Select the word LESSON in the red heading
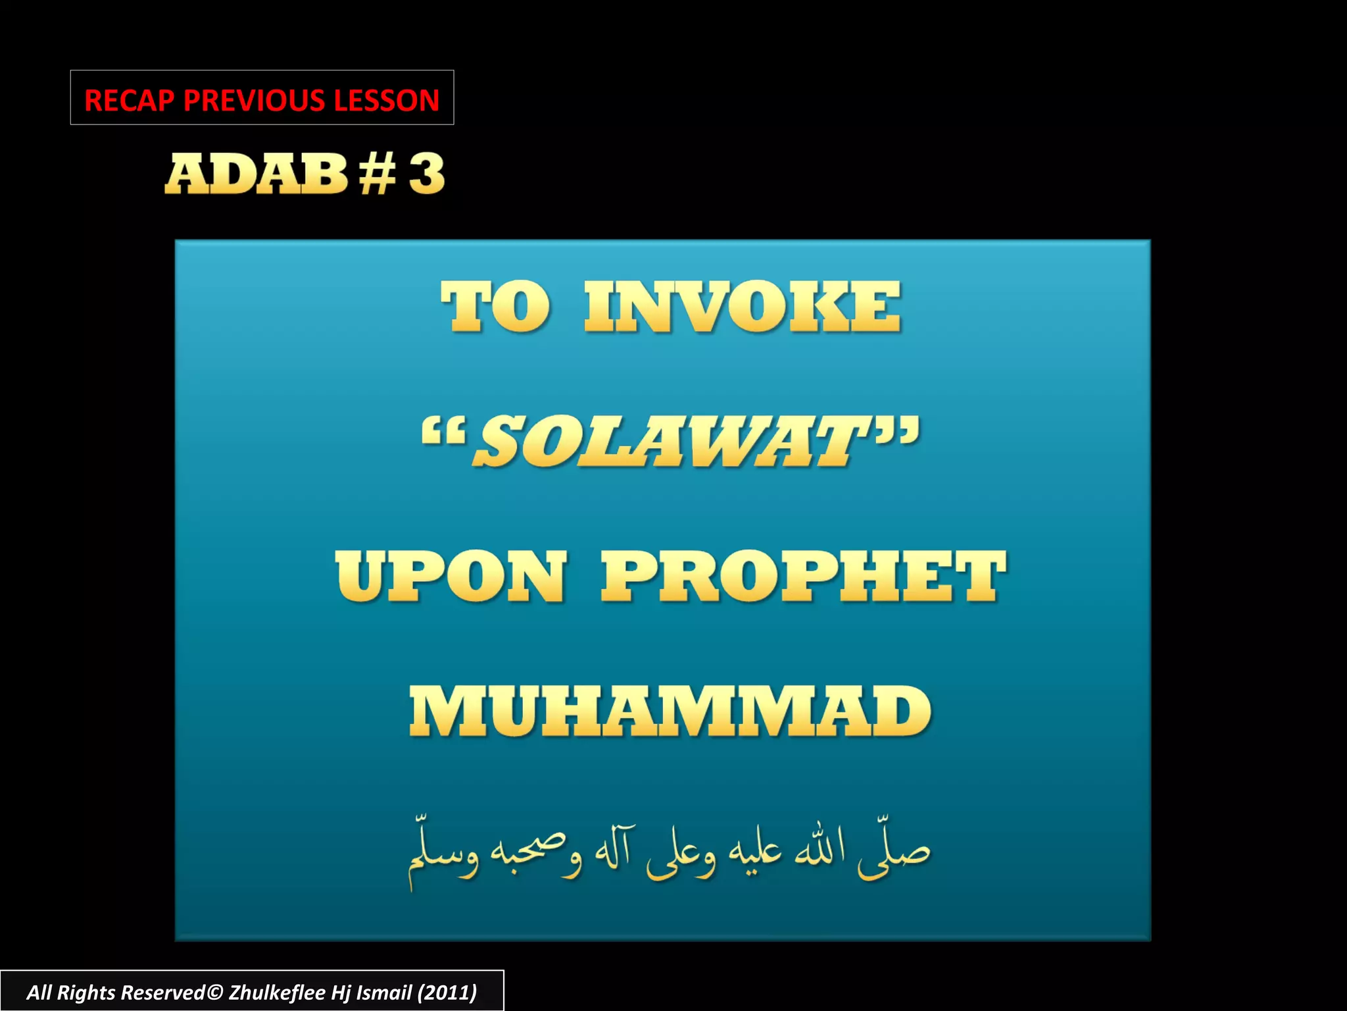click(386, 101)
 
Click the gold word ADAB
click(256, 174)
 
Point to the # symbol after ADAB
click(378, 174)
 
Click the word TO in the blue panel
click(495, 307)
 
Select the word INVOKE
click(743, 307)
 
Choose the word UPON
click(451, 577)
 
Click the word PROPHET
click(803, 577)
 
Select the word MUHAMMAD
click(670, 712)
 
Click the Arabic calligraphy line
click(669, 852)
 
